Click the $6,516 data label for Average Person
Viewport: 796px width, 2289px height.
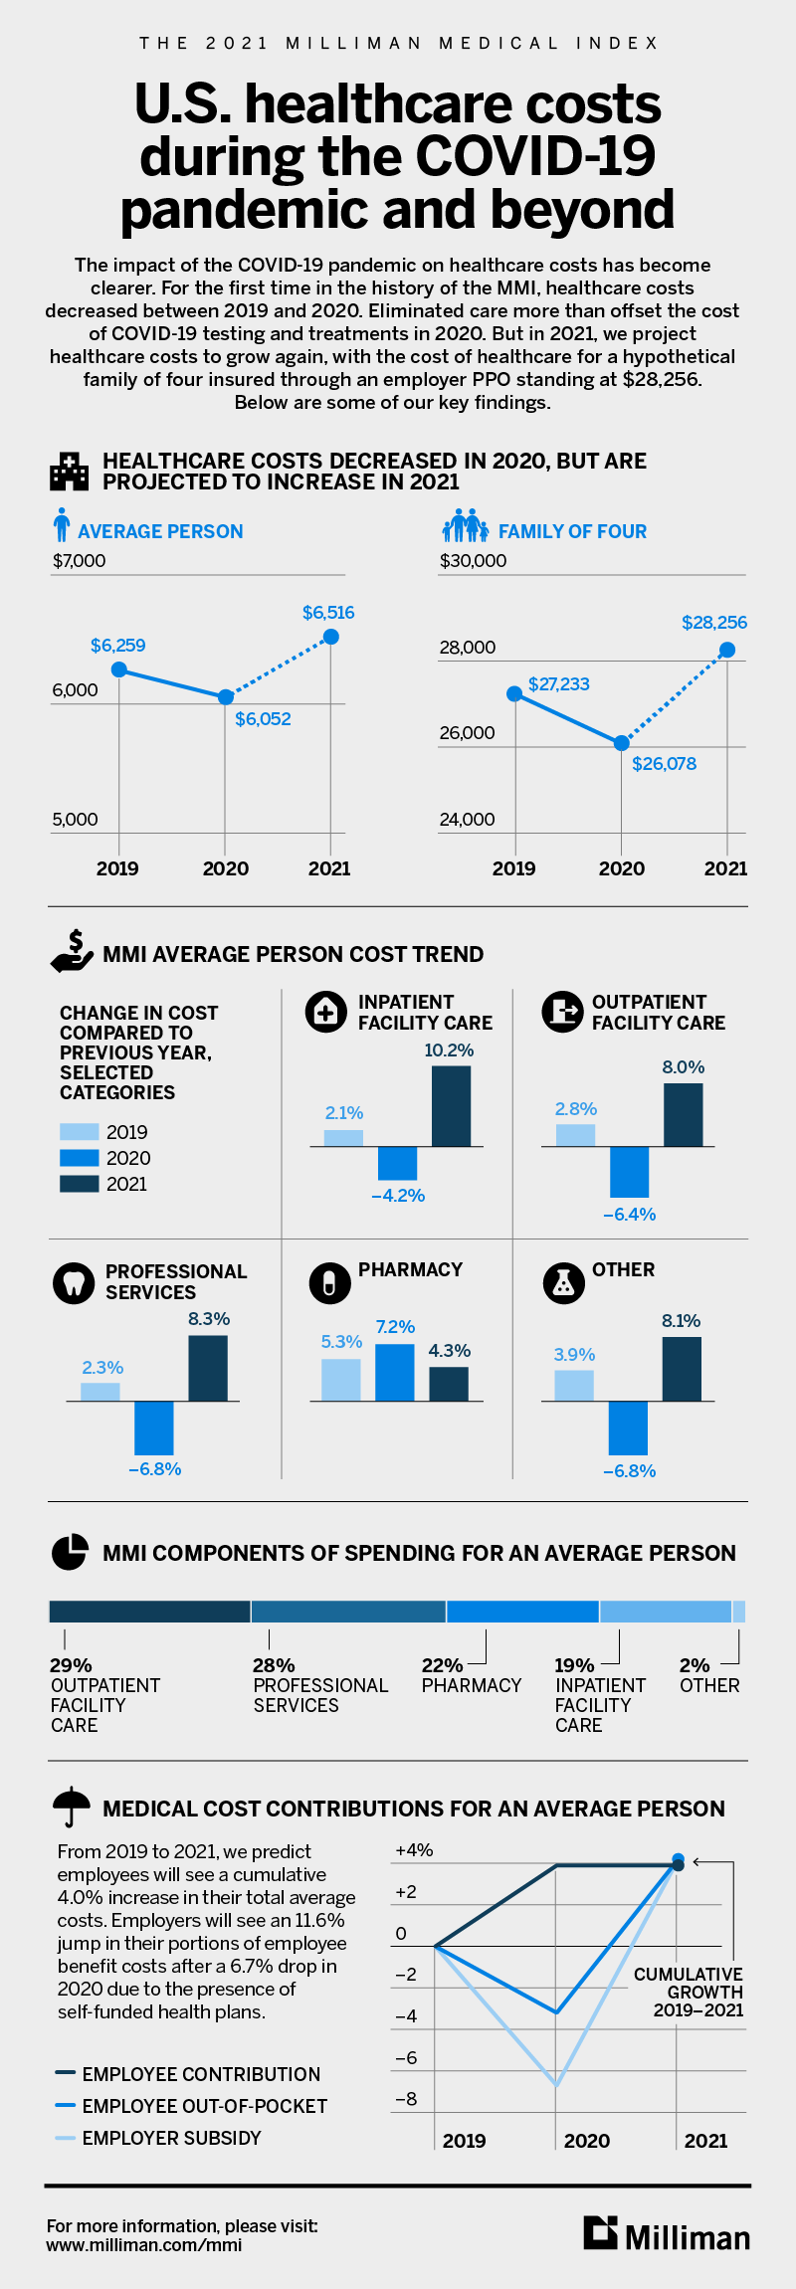(x=328, y=613)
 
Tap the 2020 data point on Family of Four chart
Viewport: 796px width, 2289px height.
(x=622, y=743)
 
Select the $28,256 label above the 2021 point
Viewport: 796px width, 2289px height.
(x=713, y=623)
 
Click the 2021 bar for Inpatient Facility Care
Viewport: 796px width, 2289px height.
(x=451, y=1105)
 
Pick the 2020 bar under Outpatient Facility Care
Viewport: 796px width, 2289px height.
(x=629, y=1172)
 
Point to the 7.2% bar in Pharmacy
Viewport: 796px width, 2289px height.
(x=394, y=1372)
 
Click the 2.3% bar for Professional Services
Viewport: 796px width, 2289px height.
(x=100, y=1392)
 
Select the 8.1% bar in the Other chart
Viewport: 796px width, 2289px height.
(x=682, y=1369)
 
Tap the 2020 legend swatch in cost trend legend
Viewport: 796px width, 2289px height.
(x=80, y=1158)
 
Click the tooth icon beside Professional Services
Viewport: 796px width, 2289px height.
(x=74, y=1282)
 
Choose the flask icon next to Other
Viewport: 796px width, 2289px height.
(x=563, y=1283)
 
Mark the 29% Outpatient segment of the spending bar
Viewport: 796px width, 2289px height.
(x=149, y=1612)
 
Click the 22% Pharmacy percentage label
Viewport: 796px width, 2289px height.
(x=442, y=1665)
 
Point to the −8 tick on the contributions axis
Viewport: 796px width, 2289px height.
(x=406, y=2099)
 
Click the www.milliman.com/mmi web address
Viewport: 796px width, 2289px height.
(x=143, y=2244)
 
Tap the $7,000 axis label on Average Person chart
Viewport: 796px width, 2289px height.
(x=79, y=561)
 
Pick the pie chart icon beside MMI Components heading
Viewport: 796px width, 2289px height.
(x=70, y=1552)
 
